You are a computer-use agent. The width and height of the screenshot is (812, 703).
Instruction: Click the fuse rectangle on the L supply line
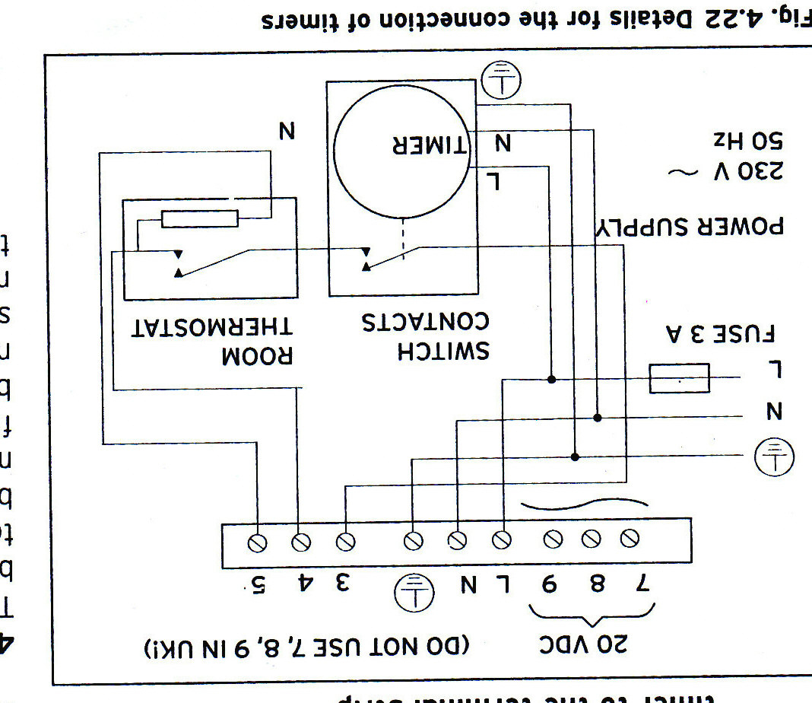[x=679, y=378]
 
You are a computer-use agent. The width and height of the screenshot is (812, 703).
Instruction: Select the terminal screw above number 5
[x=258, y=542]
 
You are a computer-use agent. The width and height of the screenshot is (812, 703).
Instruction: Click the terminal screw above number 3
[x=346, y=542]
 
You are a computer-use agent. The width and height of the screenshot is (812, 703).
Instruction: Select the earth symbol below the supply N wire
[x=773, y=456]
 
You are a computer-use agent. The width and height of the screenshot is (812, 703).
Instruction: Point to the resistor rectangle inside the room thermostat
[x=200, y=219]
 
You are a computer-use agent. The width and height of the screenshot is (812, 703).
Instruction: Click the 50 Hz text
[x=748, y=141]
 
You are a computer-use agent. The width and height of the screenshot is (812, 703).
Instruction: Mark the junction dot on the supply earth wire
[x=576, y=456]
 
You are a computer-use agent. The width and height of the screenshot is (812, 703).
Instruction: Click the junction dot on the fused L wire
[x=551, y=378]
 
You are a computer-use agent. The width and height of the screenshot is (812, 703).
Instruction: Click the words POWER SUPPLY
[x=688, y=226]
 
